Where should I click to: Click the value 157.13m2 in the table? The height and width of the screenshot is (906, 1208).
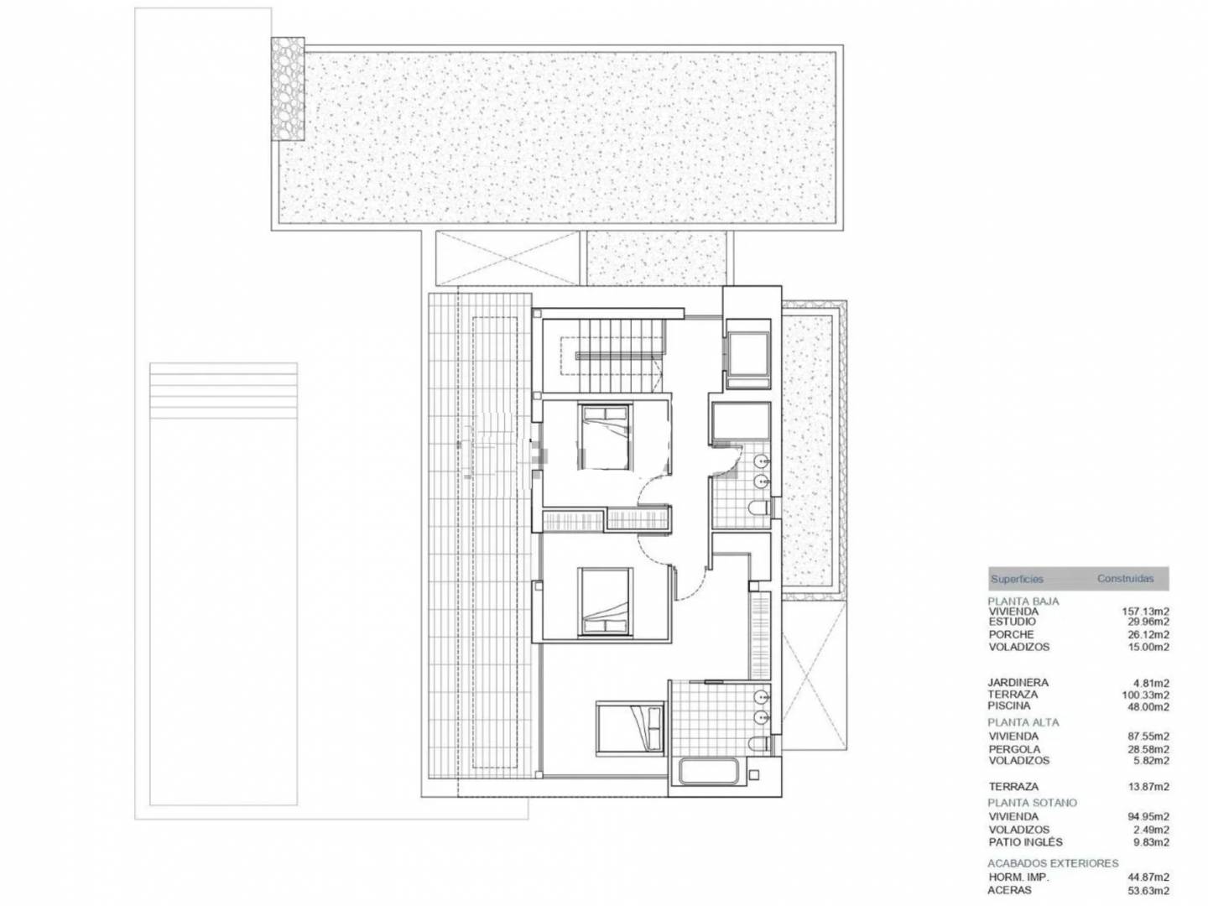[1145, 612]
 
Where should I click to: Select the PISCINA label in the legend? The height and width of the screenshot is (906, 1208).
[1009, 706]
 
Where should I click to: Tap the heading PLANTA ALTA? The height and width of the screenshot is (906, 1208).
[1023, 722]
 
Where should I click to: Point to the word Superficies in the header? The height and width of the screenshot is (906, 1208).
[1017, 579]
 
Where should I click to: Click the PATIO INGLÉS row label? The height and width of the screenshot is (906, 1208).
[1025, 842]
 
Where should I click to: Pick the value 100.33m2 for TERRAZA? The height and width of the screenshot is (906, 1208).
[1145, 695]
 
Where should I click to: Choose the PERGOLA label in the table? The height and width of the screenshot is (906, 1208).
[1014, 749]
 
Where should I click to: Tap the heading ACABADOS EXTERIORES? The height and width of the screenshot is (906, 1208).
[1053, 864]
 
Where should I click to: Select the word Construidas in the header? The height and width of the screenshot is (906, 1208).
[1126, 579]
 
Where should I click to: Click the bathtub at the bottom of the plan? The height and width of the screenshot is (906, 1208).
[709, 772]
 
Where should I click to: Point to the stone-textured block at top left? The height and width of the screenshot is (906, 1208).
[287, 89]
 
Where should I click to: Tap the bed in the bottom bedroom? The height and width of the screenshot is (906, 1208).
[630, 728]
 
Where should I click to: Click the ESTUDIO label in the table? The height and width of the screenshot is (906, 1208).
[1012, 622]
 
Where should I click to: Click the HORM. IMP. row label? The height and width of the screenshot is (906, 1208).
[1018, 877]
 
